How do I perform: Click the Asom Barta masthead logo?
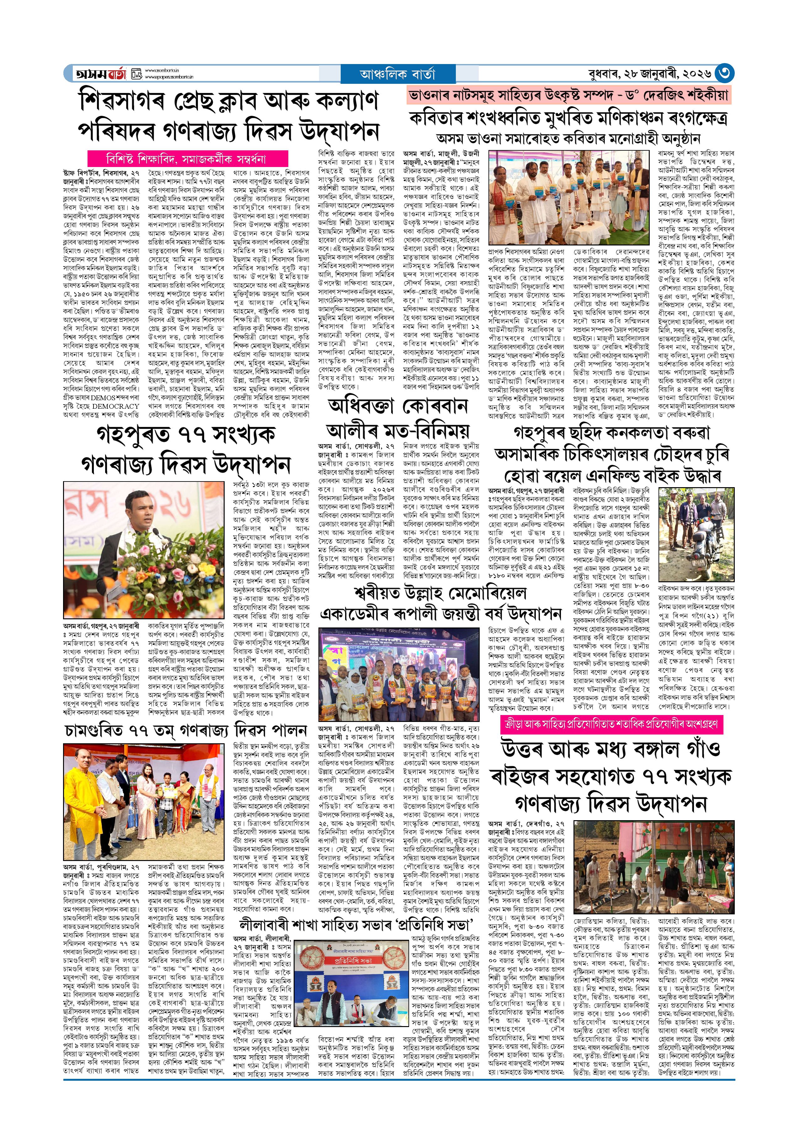tap(101, 74)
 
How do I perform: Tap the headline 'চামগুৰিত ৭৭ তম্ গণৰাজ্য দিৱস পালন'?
tap(186, 730)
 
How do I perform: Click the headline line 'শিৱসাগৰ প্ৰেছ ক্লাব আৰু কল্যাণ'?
tap(229, 101)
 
